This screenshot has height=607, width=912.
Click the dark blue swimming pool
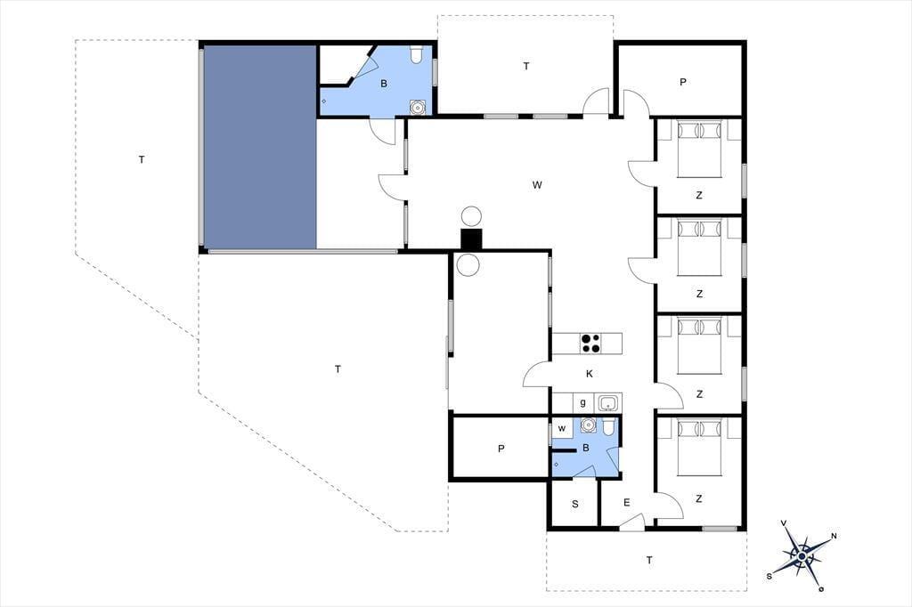click(x=259, y=147)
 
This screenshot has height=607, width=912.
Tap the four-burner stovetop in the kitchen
click(x=590, y=343)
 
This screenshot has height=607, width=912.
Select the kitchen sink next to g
click(x=607, y=402)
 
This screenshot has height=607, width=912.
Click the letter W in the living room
click(x=537, y=185)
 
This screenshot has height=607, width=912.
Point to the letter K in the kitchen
click(x=590, y=374)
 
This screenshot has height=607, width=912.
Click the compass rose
click(x=802, y=556)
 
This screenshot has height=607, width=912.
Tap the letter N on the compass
click(x=834, y=536)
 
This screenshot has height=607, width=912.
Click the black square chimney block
click(x=471, y=240)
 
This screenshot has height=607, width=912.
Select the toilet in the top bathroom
click(x=416, y=54)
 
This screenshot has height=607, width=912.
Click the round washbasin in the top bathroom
click(x=417, y=107)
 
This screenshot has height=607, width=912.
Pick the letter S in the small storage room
click(x=575, y=504)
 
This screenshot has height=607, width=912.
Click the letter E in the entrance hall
click(x=626, y=502)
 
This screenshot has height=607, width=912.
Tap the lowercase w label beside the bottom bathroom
click(x=562, y=428)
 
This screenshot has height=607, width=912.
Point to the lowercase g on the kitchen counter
click(x=582, y=402)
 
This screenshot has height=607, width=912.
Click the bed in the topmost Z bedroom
click(x=700, y=149)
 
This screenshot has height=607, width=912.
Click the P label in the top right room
click(x=683, y=82)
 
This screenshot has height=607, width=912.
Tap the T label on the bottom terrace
click(x=649, y=560)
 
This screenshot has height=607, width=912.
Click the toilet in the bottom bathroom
click(x=607, y=427)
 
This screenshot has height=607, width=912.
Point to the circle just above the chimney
click(x=471, y=216)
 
